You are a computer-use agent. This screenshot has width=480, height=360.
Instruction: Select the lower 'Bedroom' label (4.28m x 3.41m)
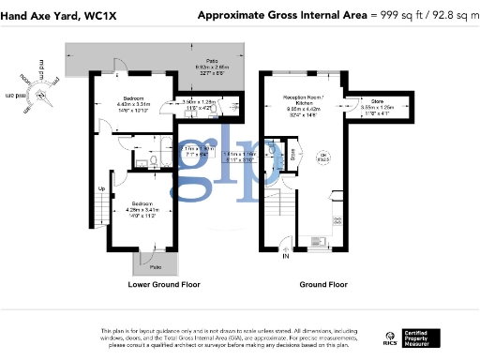coord(142,203)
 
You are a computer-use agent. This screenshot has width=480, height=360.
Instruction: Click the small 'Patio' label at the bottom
coord(153,267)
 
